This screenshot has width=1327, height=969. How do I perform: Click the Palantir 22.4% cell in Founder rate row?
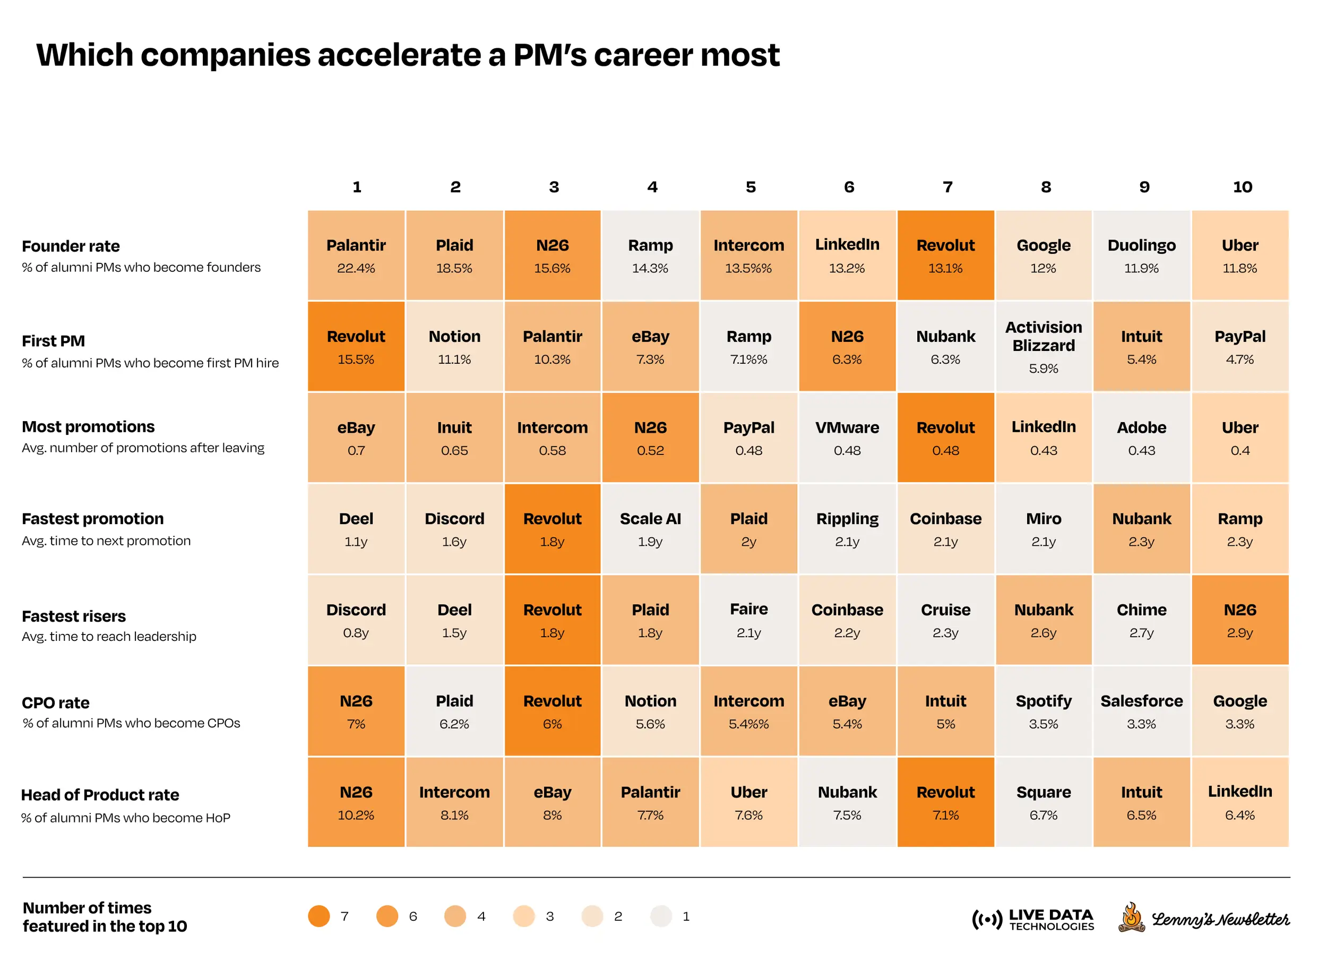coord(356,256)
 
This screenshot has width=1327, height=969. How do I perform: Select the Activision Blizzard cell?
coord(1043,347)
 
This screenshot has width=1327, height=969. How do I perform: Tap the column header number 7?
coord(947,187)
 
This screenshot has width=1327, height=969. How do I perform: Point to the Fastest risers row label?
coord(74,616)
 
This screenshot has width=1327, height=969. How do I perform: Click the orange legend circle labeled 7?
coord(319,916)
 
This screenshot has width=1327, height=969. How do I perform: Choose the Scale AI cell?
coord(650,529)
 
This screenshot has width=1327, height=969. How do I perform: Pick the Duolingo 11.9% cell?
coord(1141,256)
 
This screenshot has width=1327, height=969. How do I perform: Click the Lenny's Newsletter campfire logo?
coord(1131,917)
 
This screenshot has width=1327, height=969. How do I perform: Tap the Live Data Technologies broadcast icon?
coord(987,919)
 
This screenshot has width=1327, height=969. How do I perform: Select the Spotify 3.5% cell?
coord(1043,711)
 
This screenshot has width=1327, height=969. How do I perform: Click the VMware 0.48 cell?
coord(847,438)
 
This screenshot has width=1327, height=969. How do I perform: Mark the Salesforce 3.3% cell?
coord(1141,711)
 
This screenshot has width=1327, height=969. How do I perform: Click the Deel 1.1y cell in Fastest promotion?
coord(356,529)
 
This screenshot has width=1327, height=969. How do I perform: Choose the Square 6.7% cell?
coord(1043,802)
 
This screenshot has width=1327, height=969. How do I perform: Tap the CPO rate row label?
coord(56,702)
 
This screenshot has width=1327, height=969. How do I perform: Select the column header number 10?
coord(1242,187)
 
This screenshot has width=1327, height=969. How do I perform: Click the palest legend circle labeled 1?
coord(661,916)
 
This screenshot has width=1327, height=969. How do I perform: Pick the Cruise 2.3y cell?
coord(945,620)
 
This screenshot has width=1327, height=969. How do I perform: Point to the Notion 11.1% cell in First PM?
coord(454,347)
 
